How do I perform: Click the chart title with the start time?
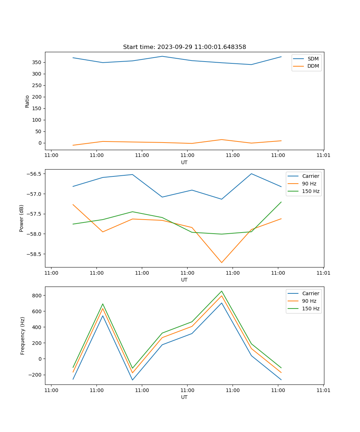point(184,47)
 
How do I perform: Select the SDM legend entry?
point(313,59)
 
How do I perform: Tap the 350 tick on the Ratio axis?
point(36,62)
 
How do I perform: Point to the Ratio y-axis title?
point(27,101)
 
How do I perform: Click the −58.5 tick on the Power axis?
point(34,254)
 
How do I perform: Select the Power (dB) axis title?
point(22,218)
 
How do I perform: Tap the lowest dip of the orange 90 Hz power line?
point(221,262)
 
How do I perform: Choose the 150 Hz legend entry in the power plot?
point(311,191)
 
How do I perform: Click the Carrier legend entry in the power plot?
point(311,176)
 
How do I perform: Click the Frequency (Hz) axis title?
point(23,336)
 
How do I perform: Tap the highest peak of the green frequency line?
point(221,291)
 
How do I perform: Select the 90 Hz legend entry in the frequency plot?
point(309,301)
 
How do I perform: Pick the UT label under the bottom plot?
point(184,397)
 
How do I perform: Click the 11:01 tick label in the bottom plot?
point(323,390)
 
